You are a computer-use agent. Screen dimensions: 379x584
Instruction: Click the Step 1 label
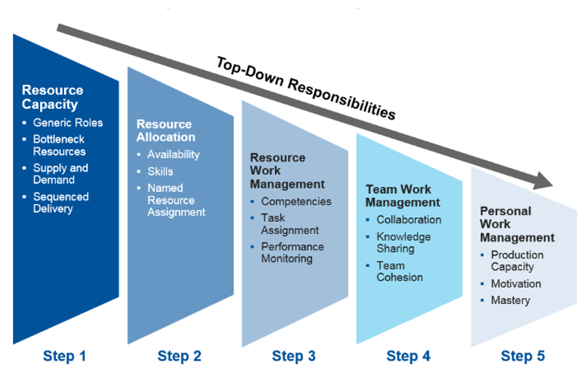click(65, 356)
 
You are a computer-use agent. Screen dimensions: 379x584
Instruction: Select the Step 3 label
click(293, 356)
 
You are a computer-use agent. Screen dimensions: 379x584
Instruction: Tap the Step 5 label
click(523, 356)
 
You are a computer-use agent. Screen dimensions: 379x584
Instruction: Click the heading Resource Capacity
click(52, 97)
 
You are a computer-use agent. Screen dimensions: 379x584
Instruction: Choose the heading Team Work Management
click(403, 195)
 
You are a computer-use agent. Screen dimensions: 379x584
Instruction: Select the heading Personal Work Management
click(517, 225)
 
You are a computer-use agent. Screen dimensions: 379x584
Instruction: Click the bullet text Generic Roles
click(68, 122)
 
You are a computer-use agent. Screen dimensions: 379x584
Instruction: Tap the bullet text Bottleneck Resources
click(60, 146)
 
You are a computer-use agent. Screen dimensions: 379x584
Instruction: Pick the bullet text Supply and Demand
click(61, 174)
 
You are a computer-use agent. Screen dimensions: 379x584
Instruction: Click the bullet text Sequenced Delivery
click(61, 203)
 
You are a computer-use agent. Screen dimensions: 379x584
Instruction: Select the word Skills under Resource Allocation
click(160, 171)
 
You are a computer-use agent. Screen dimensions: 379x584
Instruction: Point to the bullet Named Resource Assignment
click(176, 200)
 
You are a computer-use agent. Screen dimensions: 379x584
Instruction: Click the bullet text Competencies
click(296, 201)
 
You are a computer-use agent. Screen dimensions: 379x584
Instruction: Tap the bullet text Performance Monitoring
click(292, 252)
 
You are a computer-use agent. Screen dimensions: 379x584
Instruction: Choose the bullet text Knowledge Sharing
click(404, 242)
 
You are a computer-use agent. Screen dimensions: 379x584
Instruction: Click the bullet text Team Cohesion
click(400, 271)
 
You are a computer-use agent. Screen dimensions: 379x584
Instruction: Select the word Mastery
click(510, 300)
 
